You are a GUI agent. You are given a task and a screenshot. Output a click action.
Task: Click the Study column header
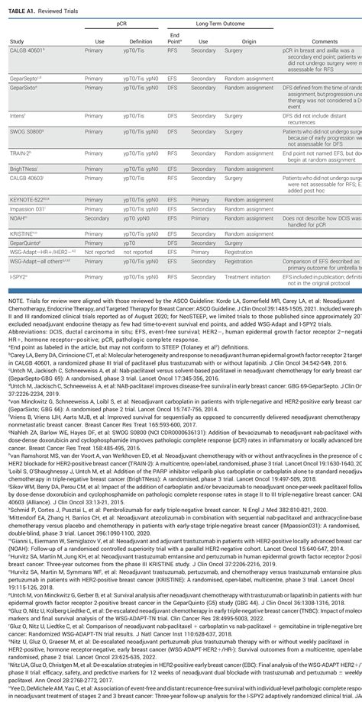pyautogui.click(x=16, y=41)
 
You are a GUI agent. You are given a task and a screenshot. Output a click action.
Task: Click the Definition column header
pyautogui.click(x=141, y=41)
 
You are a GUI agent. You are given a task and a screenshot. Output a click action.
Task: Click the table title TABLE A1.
pyautogui.click(x=22, y=7)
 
